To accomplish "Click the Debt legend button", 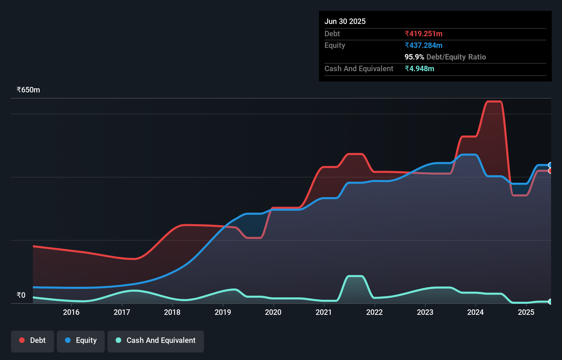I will tap(33, 340).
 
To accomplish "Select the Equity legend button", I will tap(81, 340).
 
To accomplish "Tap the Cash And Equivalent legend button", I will tap(156, 340).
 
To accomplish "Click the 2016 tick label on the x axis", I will tap(71, 312).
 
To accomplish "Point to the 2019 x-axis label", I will tap(223, 312).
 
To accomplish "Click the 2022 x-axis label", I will tap(374, 312).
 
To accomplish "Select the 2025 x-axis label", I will tap(526, 312).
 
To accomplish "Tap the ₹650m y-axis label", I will tap(28, 90).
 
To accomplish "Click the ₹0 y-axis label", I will tap(21, 295).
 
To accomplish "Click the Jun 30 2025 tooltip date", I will tap(345, 22).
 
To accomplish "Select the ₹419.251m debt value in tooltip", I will tap(423, 34).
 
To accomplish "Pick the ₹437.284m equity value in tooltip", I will tap(423, 46).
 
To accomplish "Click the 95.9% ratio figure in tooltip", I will tap(414, 57).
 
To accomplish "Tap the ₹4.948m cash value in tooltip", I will tap(419, 69).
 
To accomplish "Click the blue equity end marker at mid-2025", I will tap(550, 165).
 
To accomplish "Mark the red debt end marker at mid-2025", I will tap(550, 171).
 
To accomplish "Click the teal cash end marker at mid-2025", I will tap(550, 301).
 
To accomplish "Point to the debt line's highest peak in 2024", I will tap(494, 101).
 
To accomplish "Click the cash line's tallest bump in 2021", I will tap(355, 276).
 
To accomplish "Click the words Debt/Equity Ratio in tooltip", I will tap(456, 57).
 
